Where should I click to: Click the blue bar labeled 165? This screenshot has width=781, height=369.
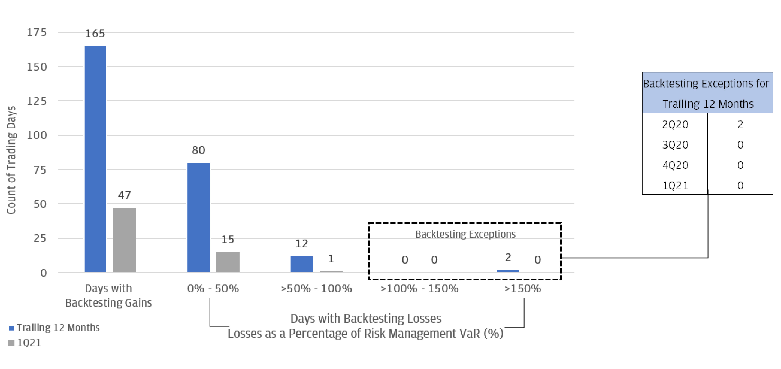(95, 159)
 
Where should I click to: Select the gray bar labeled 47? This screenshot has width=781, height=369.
(124, 240)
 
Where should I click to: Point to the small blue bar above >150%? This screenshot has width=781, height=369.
(508, 271)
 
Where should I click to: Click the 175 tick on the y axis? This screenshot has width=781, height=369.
(37, 32)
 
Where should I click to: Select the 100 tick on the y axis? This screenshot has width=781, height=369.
(37, 135)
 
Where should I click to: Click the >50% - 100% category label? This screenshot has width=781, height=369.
(316, 288)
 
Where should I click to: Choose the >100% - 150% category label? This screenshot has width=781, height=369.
(419, 288)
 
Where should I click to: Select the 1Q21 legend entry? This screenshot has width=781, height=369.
(29, 343)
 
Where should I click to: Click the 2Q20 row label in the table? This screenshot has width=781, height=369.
(675, 124)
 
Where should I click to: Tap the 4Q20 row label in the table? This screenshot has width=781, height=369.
(675, 165)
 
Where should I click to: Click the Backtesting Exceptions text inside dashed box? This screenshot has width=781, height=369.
(465, 234)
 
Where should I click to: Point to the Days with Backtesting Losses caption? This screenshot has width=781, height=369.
(366, 318)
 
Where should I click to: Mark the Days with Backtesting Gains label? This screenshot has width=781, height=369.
(108, 295)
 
